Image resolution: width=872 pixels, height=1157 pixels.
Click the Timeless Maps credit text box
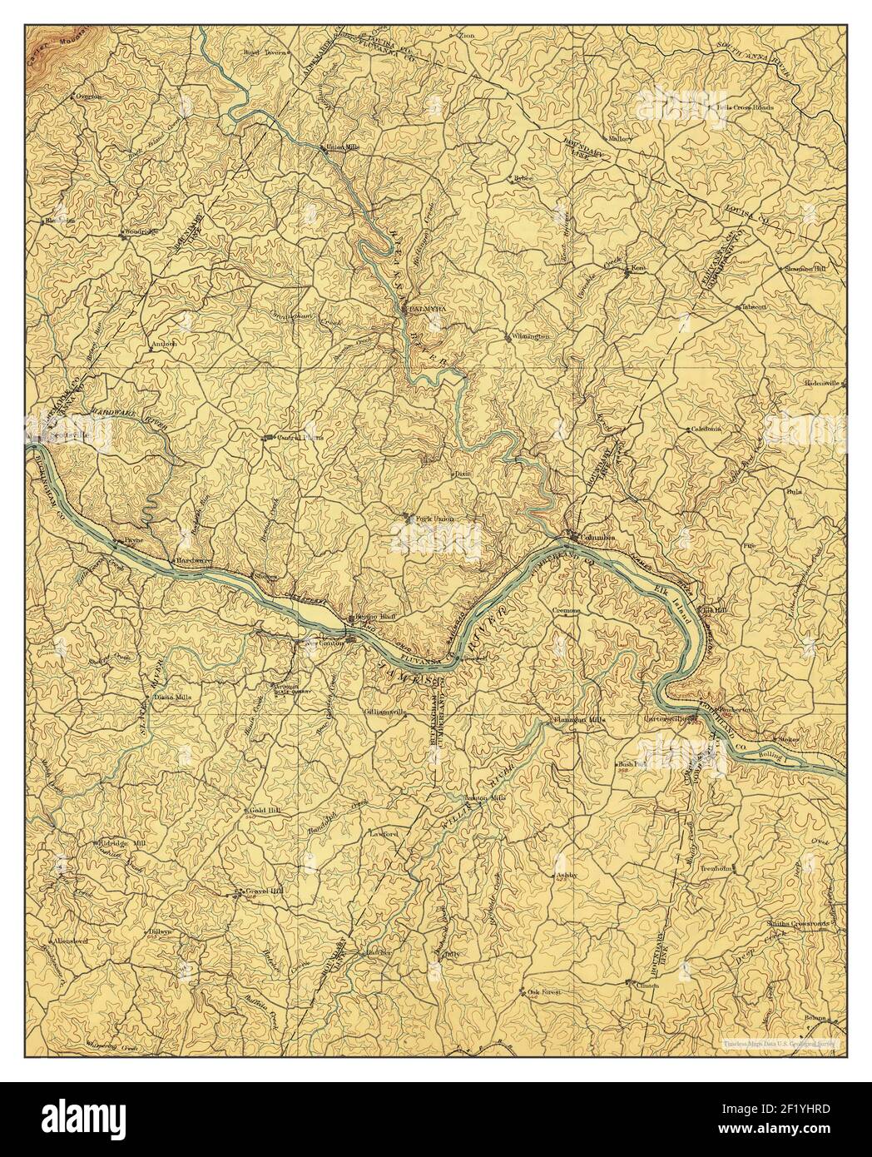783,1042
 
